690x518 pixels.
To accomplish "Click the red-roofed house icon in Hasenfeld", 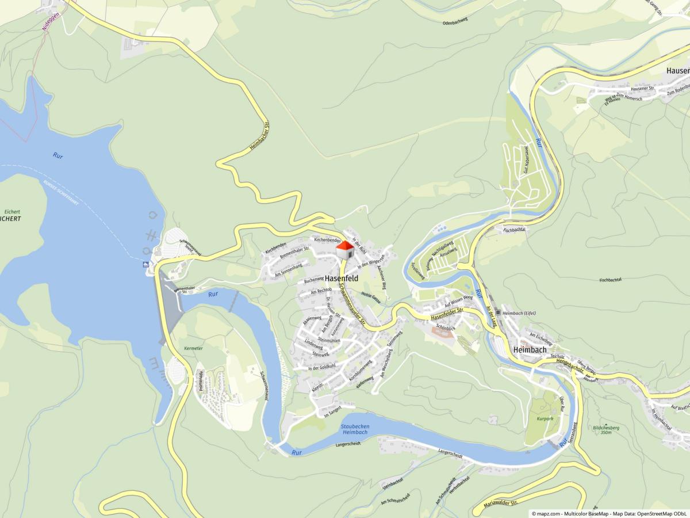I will pyautogui.click(x=344, y=250).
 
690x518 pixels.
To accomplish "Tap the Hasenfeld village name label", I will pyautogui.click(x=341, y=278).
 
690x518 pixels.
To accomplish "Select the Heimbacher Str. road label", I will pyautogui.click(x=260, y=137).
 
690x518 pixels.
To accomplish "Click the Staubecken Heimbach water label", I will pyautogui.click(x=354, y=429).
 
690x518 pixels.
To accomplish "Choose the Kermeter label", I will pyautogui.click(x=193, y=349).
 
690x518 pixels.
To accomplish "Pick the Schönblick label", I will pyautogui.click(x=446, y=326).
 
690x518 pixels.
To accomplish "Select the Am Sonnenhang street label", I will pyautogui.click(x=289, y=269).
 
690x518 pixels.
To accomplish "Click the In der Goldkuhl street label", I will pyautogui.click(x=321, y=368).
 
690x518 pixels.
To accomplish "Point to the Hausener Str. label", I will pyautogui.click(x=642, y=88).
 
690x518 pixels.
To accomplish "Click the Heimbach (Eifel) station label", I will pyautogui.click(x=519, y=313).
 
